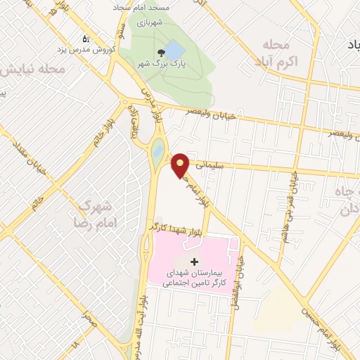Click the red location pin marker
(181, 165)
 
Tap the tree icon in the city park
(162, 52)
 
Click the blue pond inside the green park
(174, 49)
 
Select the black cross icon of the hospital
(195, 261)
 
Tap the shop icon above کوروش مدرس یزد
(86, 39)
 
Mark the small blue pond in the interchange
(158, 150)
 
